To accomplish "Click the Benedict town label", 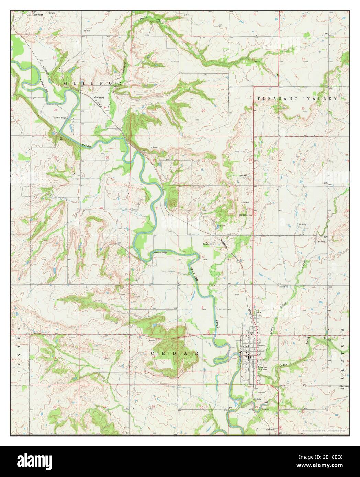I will tap(38, 15).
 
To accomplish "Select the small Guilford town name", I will tap(100, 97).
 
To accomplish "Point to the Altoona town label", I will tap(263, 367).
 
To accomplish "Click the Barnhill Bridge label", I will tap(160, 253).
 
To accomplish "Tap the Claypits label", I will tap(206, 245).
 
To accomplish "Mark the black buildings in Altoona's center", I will tap(248, 357).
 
